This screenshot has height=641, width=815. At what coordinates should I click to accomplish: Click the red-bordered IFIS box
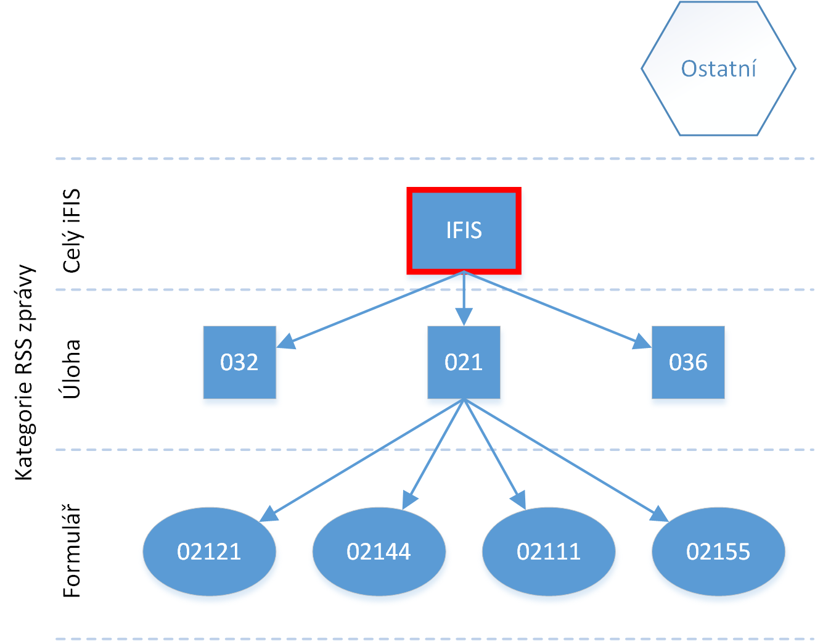464,231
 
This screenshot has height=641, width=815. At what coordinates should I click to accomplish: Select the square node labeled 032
239,362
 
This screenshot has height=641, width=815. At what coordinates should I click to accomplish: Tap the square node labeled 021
464,362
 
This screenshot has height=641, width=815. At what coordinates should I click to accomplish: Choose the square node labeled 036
688,362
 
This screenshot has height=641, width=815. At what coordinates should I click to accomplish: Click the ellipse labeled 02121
209,552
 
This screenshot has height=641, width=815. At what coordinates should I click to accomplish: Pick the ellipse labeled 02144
379,552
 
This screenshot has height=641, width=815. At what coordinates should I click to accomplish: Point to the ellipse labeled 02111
548,552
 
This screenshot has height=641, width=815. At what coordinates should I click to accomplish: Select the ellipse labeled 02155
718,552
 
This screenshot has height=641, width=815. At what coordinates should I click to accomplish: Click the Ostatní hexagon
719,68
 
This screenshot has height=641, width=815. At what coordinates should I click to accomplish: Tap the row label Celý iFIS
72,231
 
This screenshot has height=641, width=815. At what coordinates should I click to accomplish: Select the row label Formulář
71,550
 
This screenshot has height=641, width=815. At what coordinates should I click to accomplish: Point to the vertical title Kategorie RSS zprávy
25,372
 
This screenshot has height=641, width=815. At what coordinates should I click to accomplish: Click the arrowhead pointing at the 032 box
286,342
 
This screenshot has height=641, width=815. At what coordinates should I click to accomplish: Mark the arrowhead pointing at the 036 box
642,342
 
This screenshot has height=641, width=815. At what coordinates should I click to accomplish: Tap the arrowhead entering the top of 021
464,316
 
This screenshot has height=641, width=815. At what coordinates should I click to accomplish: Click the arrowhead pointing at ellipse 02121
269,514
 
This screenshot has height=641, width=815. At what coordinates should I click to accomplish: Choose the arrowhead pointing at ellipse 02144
409,500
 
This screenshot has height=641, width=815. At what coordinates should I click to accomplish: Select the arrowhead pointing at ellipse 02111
518,500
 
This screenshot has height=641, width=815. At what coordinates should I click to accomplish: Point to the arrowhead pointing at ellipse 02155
659,514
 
